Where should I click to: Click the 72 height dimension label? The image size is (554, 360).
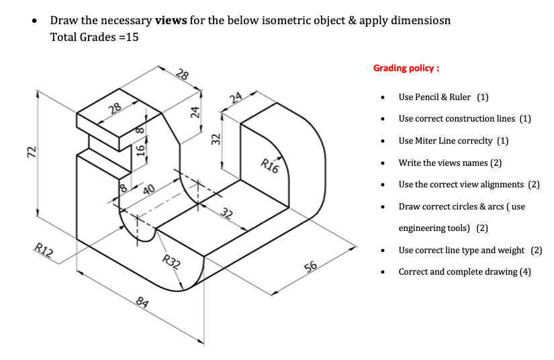point(30,152)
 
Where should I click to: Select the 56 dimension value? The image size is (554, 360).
point(310,267)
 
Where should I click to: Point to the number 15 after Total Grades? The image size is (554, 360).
point(132,37)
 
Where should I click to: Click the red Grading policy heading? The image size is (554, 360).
point(406,69)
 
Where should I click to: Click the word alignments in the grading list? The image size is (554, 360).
point(498,184)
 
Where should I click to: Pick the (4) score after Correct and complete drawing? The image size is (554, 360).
point(524,271)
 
